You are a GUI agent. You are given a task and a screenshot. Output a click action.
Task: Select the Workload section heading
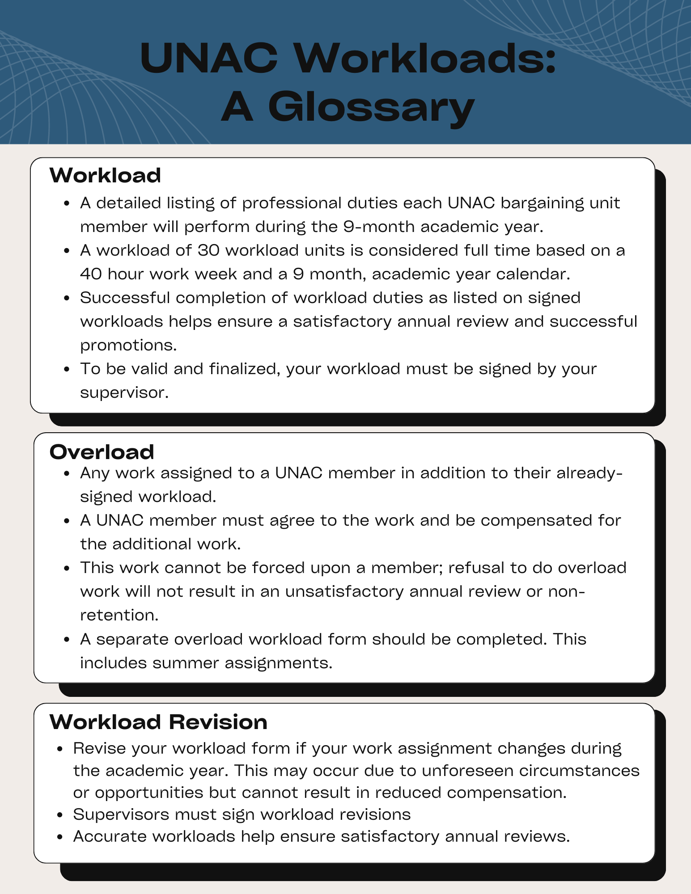105,175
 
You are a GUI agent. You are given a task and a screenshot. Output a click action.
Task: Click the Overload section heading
102,452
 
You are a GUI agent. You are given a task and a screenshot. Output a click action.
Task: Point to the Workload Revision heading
158,722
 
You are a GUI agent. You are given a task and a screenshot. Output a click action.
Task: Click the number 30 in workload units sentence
208,250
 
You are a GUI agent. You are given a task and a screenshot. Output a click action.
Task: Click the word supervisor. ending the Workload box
124,392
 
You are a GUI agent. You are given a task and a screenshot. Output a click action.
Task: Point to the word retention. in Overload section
119,615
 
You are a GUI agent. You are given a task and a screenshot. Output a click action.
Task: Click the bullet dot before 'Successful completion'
67,298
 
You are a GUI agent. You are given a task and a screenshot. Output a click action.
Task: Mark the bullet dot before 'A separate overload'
67,640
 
